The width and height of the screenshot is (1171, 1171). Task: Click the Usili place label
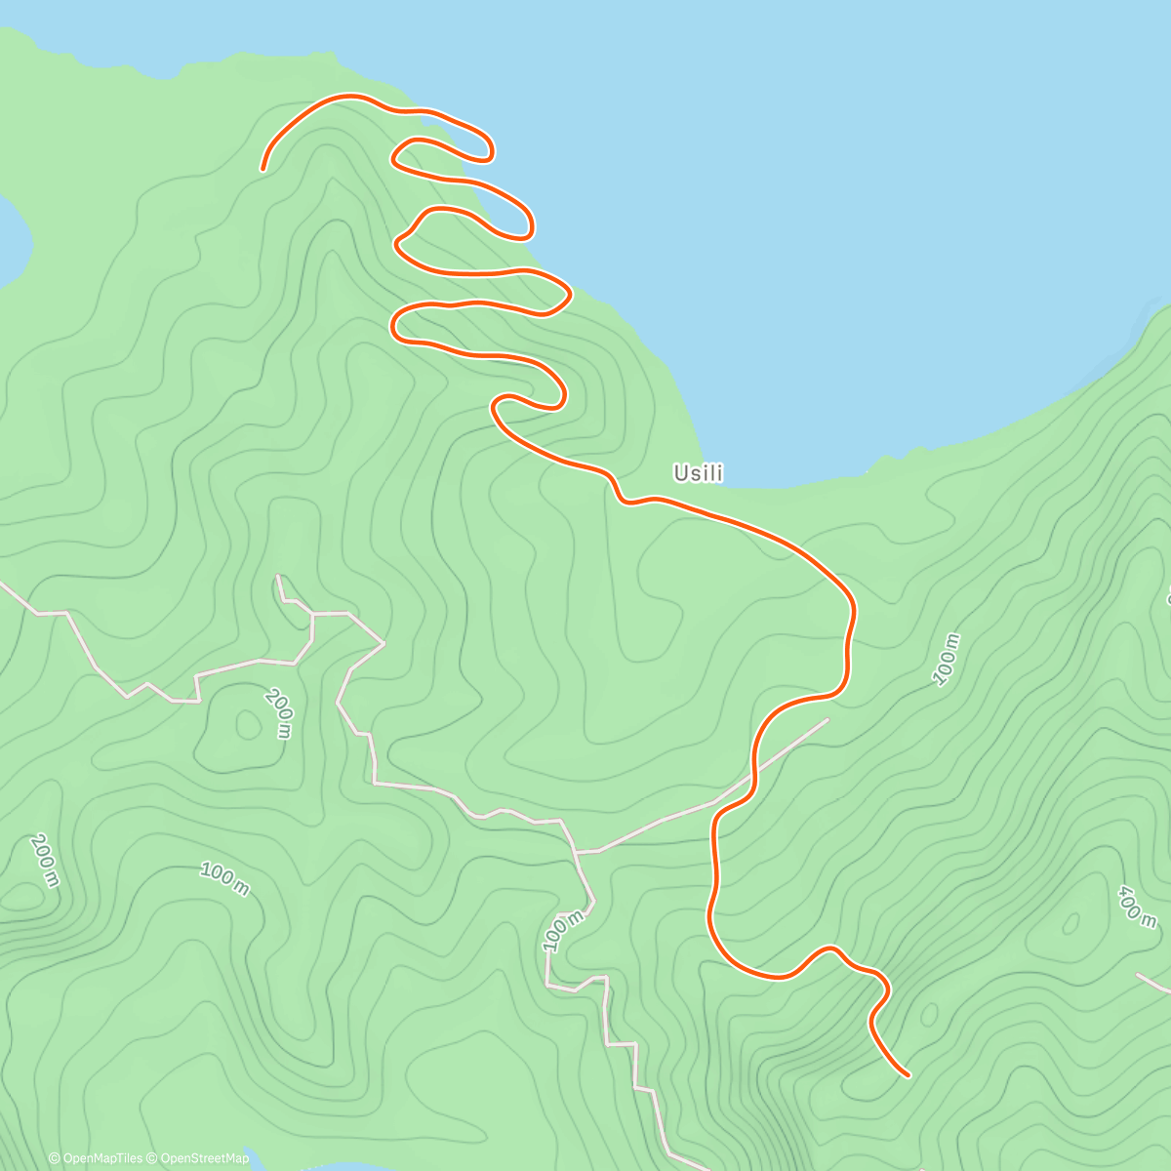pos(698,473)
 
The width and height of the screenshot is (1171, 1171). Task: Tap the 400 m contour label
pos(1138,908)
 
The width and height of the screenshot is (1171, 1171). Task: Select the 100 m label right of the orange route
pos(947,660)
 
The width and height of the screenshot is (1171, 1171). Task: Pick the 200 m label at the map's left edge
pos(45,860)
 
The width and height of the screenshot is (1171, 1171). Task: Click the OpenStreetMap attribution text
pos(204,1158)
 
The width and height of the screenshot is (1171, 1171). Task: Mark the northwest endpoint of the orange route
pos(263,169)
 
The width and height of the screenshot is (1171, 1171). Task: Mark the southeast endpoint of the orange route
pos(908,1075)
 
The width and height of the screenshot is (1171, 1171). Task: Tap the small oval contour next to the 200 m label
pos(243,724)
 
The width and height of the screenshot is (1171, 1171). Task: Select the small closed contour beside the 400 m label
pos(1071,922)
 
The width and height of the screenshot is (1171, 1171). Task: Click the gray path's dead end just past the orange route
pos(828,720)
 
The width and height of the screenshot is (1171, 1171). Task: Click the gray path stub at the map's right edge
pos(1155,983)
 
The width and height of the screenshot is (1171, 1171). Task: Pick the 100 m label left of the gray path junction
pos(224,876)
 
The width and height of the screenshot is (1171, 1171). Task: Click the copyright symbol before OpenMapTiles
pos(55,1158)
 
